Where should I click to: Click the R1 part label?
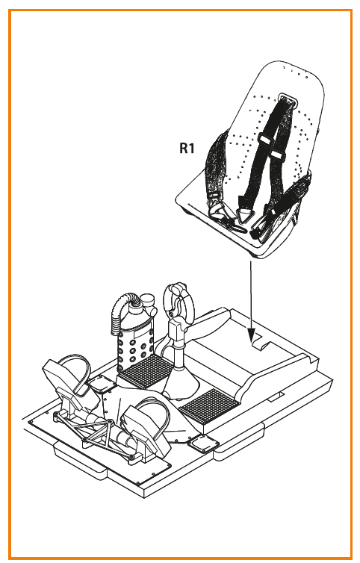tap(187, 148)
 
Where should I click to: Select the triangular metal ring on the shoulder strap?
tap(243, 216)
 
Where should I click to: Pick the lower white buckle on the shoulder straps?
tap(276, 155)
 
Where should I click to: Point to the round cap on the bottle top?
tap(147, 299)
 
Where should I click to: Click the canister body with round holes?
tap(135, 346)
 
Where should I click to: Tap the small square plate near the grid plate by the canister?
tap(102, 384)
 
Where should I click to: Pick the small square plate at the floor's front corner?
tap(203, 444)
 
